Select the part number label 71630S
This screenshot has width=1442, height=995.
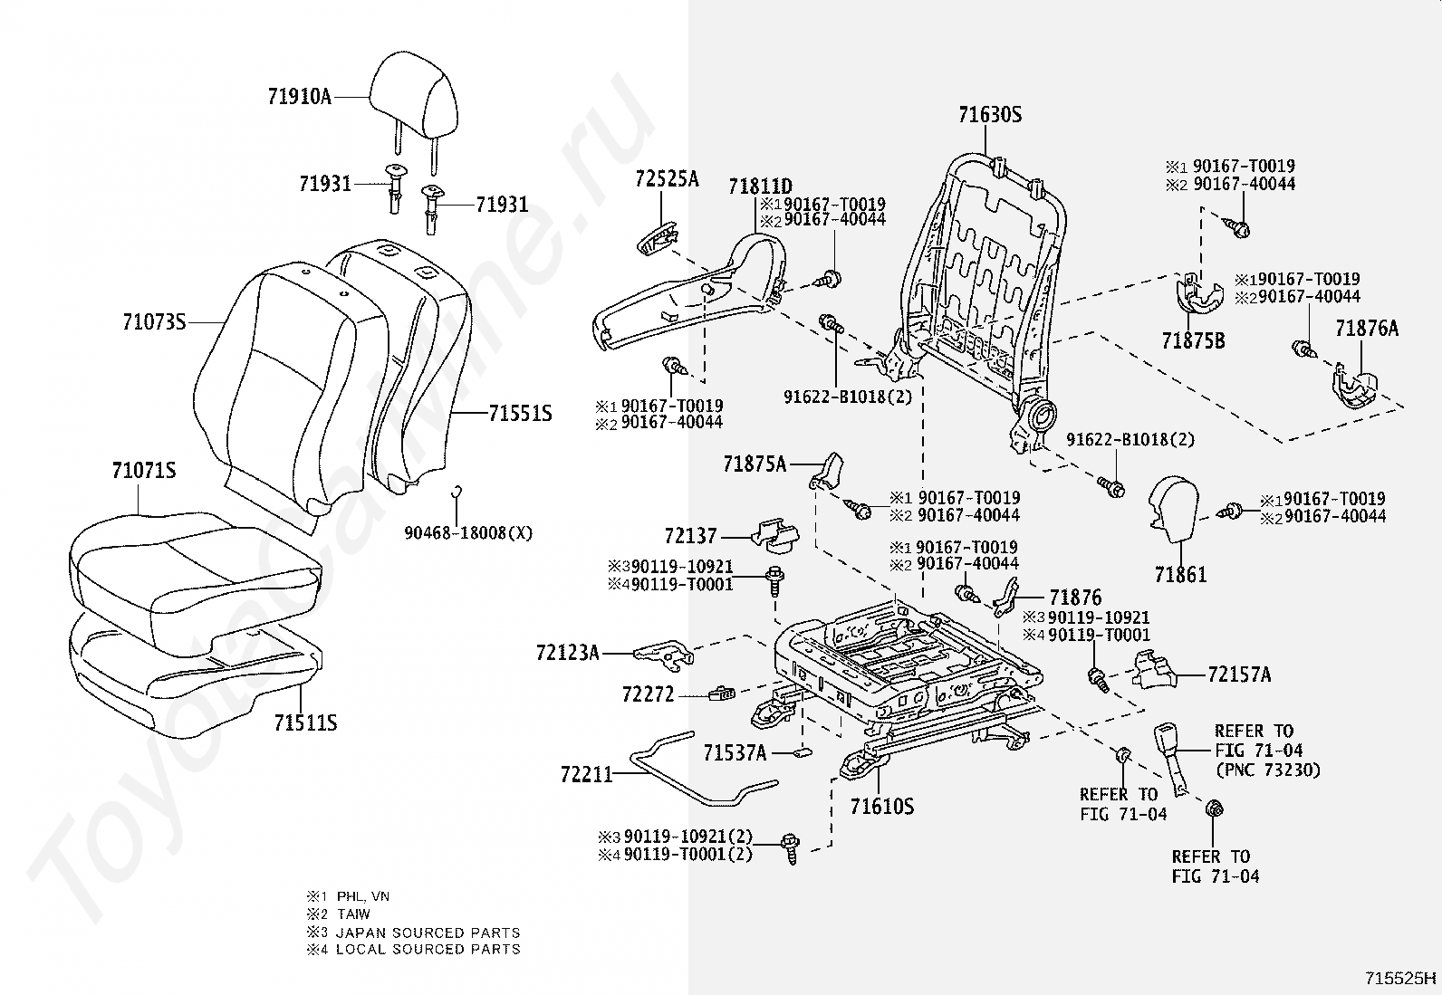pyautogui.click(x=990, y=115)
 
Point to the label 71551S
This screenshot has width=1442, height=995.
pyautogui.click(x=520, y=415)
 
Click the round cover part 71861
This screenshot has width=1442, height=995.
pyautogui.click(x=1175, y=512)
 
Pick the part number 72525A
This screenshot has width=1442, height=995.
pyautogui.click(x=667, y=178)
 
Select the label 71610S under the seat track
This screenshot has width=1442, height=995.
pyautogui.click(x=882, y=806)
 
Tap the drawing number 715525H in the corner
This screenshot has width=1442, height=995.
pyautogui.click(x=1401, y=978)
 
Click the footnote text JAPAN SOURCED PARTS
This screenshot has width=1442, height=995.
pyautogui.click(x=428, y=932)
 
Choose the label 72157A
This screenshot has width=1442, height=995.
pyautogui.click(x=1239, y=674)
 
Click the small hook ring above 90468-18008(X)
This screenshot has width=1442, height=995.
pyautogui.click(x=458, y=493)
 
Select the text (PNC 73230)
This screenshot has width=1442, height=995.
pyautogui.click(x=1266, y=770)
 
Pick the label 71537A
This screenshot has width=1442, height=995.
pyautogui.click(x=735, y=752)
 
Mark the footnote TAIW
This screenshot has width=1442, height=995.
pyautogui.click(x=353, y=914)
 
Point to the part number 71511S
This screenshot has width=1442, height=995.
pyautogui.click(x=306, y=722)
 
